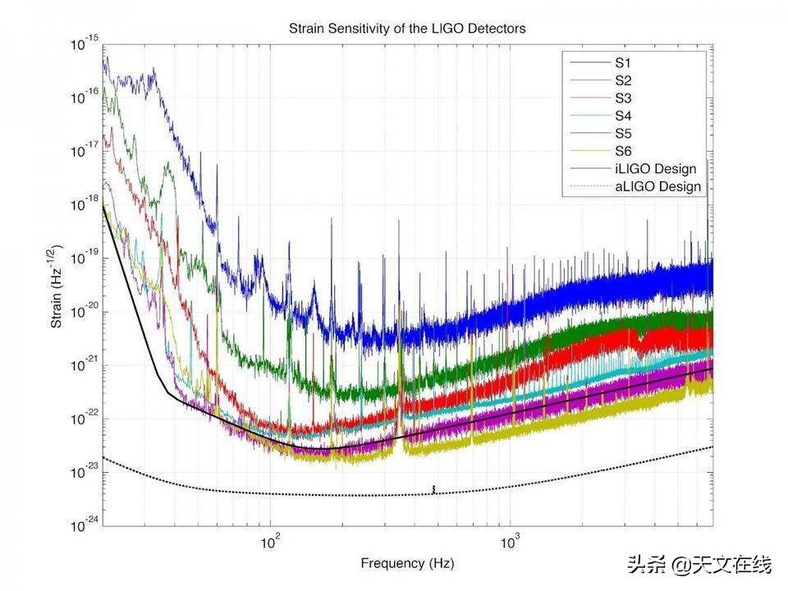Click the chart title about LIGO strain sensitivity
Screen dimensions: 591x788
pos(407,28)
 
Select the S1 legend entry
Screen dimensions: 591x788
pos(623,62)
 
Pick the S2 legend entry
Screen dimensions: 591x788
pos(623,80)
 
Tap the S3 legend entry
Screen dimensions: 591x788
pos(623,98)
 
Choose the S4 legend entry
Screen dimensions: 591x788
pos(623,116)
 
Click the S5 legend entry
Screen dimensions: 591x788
pos(623,133)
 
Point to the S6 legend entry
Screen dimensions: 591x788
pos(623,151)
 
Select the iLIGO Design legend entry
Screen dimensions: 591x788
pos(655,169)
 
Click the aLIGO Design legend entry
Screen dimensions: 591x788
pos(657,186)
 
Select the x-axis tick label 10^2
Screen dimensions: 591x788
pos(270,542)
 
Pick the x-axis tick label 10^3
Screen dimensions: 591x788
pos(511,542)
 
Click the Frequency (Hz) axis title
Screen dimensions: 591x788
pos(407,564)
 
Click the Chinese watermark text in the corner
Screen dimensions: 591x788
pos(699,566)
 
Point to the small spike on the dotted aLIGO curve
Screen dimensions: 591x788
pos(433,490)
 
